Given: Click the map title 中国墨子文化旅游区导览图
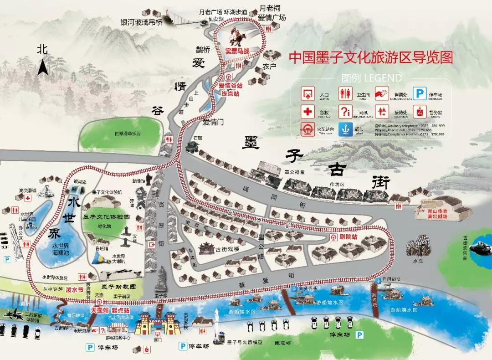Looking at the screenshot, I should pos(371,58).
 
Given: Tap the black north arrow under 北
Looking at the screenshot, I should pos(43,68).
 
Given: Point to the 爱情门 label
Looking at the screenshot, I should pos(213,122).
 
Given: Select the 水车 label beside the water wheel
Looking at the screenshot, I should pos(418,262).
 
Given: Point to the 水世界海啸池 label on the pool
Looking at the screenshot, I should pos(60,249).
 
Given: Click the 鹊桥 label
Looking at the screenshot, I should pos(203,50).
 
